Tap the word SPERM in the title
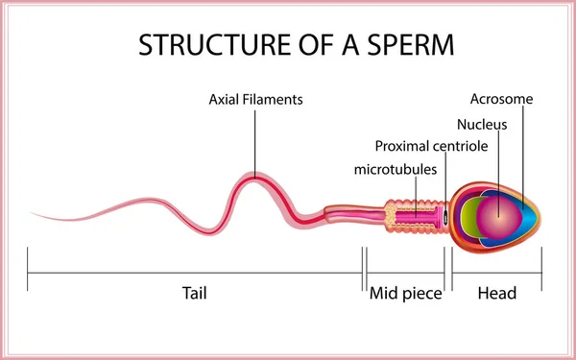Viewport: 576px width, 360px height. (404, 44)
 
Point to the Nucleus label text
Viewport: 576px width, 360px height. (482, 124)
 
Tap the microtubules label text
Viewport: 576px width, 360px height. (396, 169)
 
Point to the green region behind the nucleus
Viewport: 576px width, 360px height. (466, 213)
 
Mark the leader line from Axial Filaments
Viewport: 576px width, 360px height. (254, 139)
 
